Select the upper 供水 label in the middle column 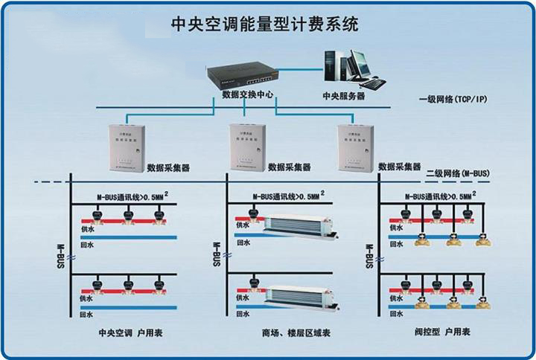(243, 228)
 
